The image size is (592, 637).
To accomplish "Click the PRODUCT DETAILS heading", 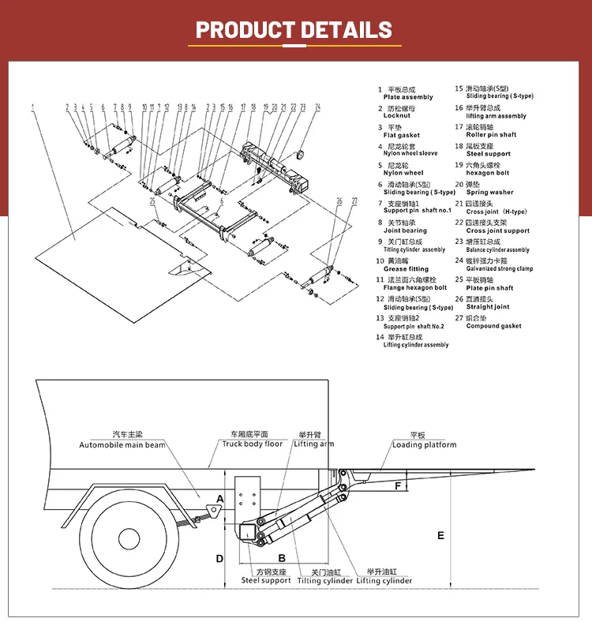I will (x=294, y=30).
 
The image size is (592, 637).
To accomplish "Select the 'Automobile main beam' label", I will (x=122, y=445).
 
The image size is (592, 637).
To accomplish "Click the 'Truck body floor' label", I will (x=252, y=444).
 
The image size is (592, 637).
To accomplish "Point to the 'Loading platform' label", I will (x=424, y=444).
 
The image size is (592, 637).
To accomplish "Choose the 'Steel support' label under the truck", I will (x=266, y=580).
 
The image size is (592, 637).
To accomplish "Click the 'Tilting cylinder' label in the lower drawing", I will (x=325, y=580).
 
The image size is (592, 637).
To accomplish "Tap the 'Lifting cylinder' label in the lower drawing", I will (x=384, y=580).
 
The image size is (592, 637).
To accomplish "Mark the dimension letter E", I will (x=440, y=536).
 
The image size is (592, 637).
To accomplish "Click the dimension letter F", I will (x=398, y=486).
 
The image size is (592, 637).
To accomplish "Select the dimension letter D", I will (x=220, y=558).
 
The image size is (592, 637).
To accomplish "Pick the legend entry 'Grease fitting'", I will (x=406, y=269).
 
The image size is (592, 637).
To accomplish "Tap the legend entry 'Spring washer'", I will (x=489, y=192).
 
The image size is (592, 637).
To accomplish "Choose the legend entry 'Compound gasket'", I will (x=493, y=326).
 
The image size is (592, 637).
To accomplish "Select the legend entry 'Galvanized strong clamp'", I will (x=499, y=268).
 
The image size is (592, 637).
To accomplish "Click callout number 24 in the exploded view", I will (x=318, y=105).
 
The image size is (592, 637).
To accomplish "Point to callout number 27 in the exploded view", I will (x=355, y=201).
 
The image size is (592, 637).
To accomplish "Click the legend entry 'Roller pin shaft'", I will (x=491, y=135).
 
